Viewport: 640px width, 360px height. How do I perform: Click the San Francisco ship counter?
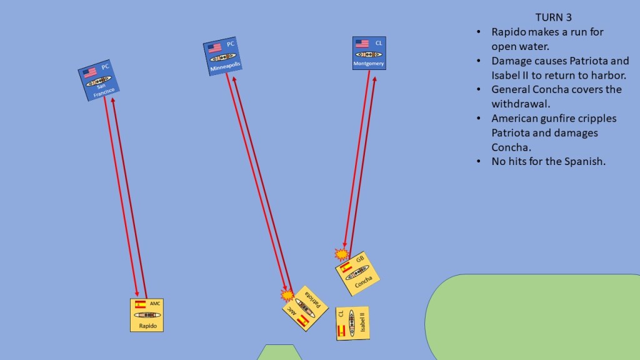(x=99, y=81)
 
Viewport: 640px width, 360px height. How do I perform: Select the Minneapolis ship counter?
(x=222, y=56)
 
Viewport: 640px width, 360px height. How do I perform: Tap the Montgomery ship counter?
(x=369, y=53)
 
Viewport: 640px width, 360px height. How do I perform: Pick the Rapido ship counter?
(x=147, y=315)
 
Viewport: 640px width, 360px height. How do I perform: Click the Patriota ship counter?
(x=305, y=308)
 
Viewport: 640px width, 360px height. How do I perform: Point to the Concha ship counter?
(x=357, y=274)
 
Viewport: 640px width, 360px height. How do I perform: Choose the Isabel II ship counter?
(x=352, y=324)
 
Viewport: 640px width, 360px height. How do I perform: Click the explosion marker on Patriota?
(x=287, y=295)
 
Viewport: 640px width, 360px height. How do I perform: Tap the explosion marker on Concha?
(x=342, y=254)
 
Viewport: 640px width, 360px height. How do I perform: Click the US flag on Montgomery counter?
(x=362, y=43)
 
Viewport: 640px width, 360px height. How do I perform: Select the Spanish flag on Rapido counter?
(x=140, y=304)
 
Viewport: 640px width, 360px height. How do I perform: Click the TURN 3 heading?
(x=554, y=17)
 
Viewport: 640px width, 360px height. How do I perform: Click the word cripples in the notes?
(x=597, y=119)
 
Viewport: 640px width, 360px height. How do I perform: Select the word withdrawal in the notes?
(x=521, y=104)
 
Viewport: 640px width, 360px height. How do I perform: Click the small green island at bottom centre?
(x=279, y=352)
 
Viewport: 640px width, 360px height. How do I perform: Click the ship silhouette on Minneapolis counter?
(x=223, y=57)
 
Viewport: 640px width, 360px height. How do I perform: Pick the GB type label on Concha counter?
(x=360, y=259)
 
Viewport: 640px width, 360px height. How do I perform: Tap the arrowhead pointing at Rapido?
(x=137, y=294)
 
